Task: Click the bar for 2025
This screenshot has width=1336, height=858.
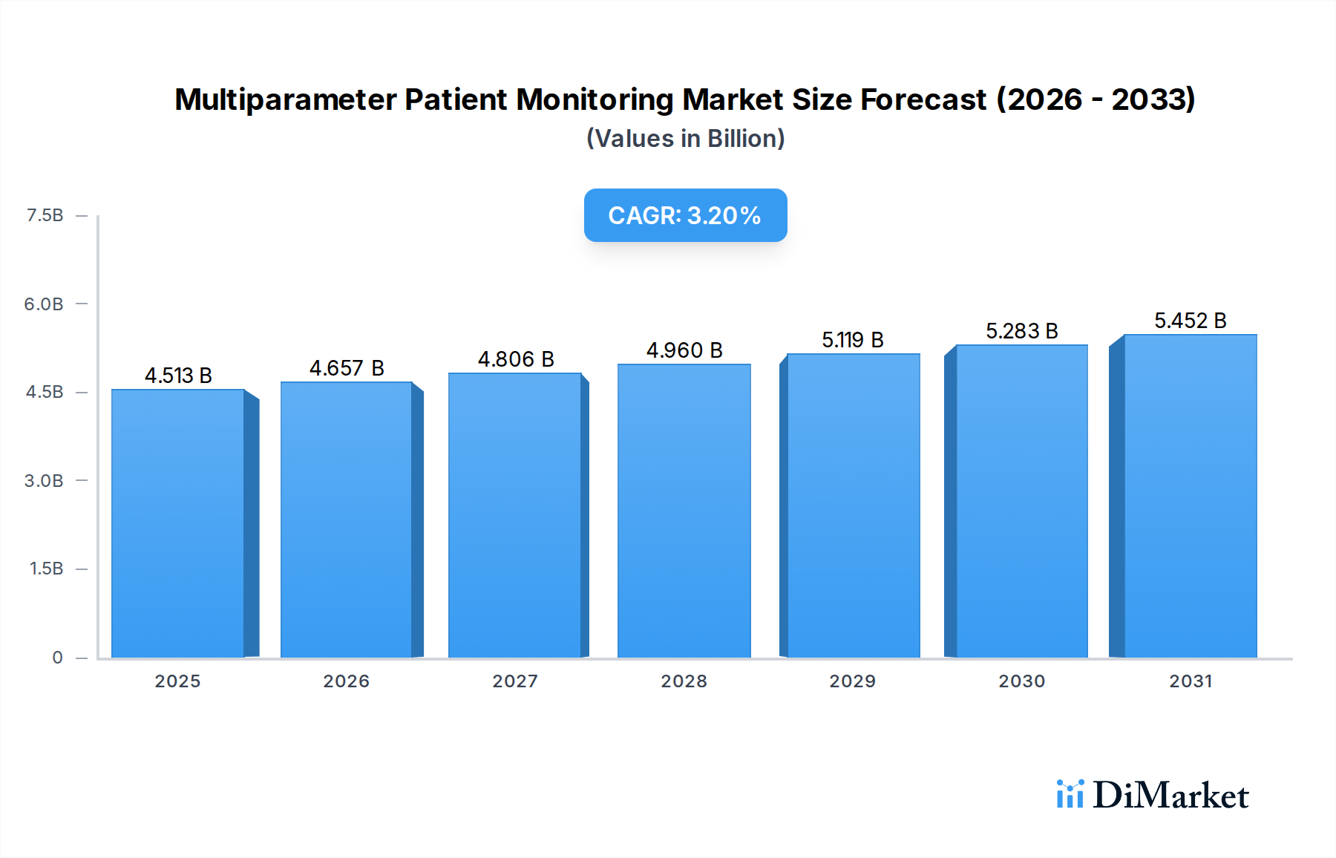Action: [x=178, y=523]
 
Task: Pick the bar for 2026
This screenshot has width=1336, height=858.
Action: [x=346, y=520]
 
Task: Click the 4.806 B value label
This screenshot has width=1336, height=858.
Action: [x=516, y=359]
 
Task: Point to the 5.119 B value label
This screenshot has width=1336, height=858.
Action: [x=852, y=340]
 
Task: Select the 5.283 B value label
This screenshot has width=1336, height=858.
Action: [x=1021, y=331]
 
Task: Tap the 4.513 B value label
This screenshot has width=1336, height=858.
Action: [x=178, y=376]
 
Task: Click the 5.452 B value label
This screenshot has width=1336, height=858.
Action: [x=1190, y=321]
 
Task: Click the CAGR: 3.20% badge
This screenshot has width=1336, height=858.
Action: [x=685, y=215]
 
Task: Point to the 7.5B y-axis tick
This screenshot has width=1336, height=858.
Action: [x=45, y=215]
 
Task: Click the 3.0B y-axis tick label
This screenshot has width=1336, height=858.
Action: [x=44, y=480]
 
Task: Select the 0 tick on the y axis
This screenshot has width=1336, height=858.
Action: [x=57, y=657]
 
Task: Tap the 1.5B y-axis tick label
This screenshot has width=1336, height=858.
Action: [x=46, y=569]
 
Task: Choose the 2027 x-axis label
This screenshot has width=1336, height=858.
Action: [x=515, y=681]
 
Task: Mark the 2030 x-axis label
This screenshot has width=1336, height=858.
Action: [x=1021, y=681]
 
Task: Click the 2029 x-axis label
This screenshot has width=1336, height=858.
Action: [x=852, y=681]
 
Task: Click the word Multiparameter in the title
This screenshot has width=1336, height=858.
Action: [x=285, y=99]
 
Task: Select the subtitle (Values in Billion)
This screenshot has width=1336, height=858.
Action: [x=685, y=139]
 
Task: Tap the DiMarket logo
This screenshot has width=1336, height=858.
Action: [x=1153, y=795]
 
